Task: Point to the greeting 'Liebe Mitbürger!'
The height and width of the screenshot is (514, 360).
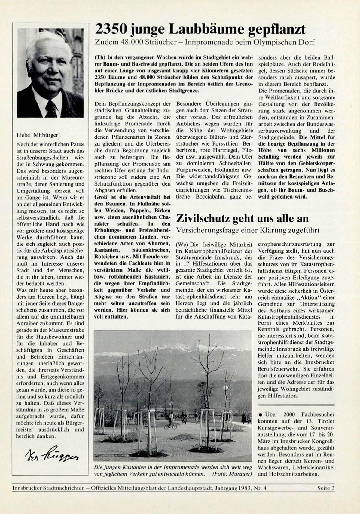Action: pyautogui.click(x=35, y=135)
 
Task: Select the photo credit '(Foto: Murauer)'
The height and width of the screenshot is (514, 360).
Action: pyautogui.click(x=232, y=474)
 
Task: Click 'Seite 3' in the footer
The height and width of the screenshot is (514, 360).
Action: pyautogui.click(x=326, y=488)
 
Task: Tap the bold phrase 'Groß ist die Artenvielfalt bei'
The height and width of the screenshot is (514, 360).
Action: pyautogui.click(x=132, y=197)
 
